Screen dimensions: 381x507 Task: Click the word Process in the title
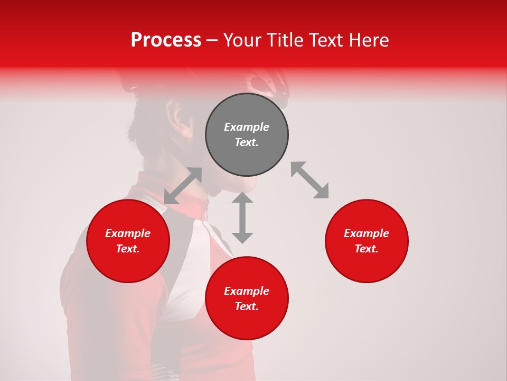click(x=166, y=40)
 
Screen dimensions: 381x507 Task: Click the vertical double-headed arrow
click(x=242, y=217)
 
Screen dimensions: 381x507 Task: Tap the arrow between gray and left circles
click(x=183, y=186)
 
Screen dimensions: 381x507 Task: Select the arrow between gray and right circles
click(x=309, y=180)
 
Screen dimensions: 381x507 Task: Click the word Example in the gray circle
click(x=247, y=127)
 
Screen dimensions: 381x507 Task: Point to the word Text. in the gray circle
click(x=247, y=142)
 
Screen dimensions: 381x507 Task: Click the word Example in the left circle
click(x=128, y=233)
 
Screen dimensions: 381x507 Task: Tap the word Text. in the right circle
click(x=367, y=249)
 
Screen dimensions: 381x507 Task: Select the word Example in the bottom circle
click(x=247, y=291)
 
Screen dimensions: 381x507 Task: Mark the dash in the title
click(x=212, y=40)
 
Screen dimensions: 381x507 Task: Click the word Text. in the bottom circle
click(x=247, y=306)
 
